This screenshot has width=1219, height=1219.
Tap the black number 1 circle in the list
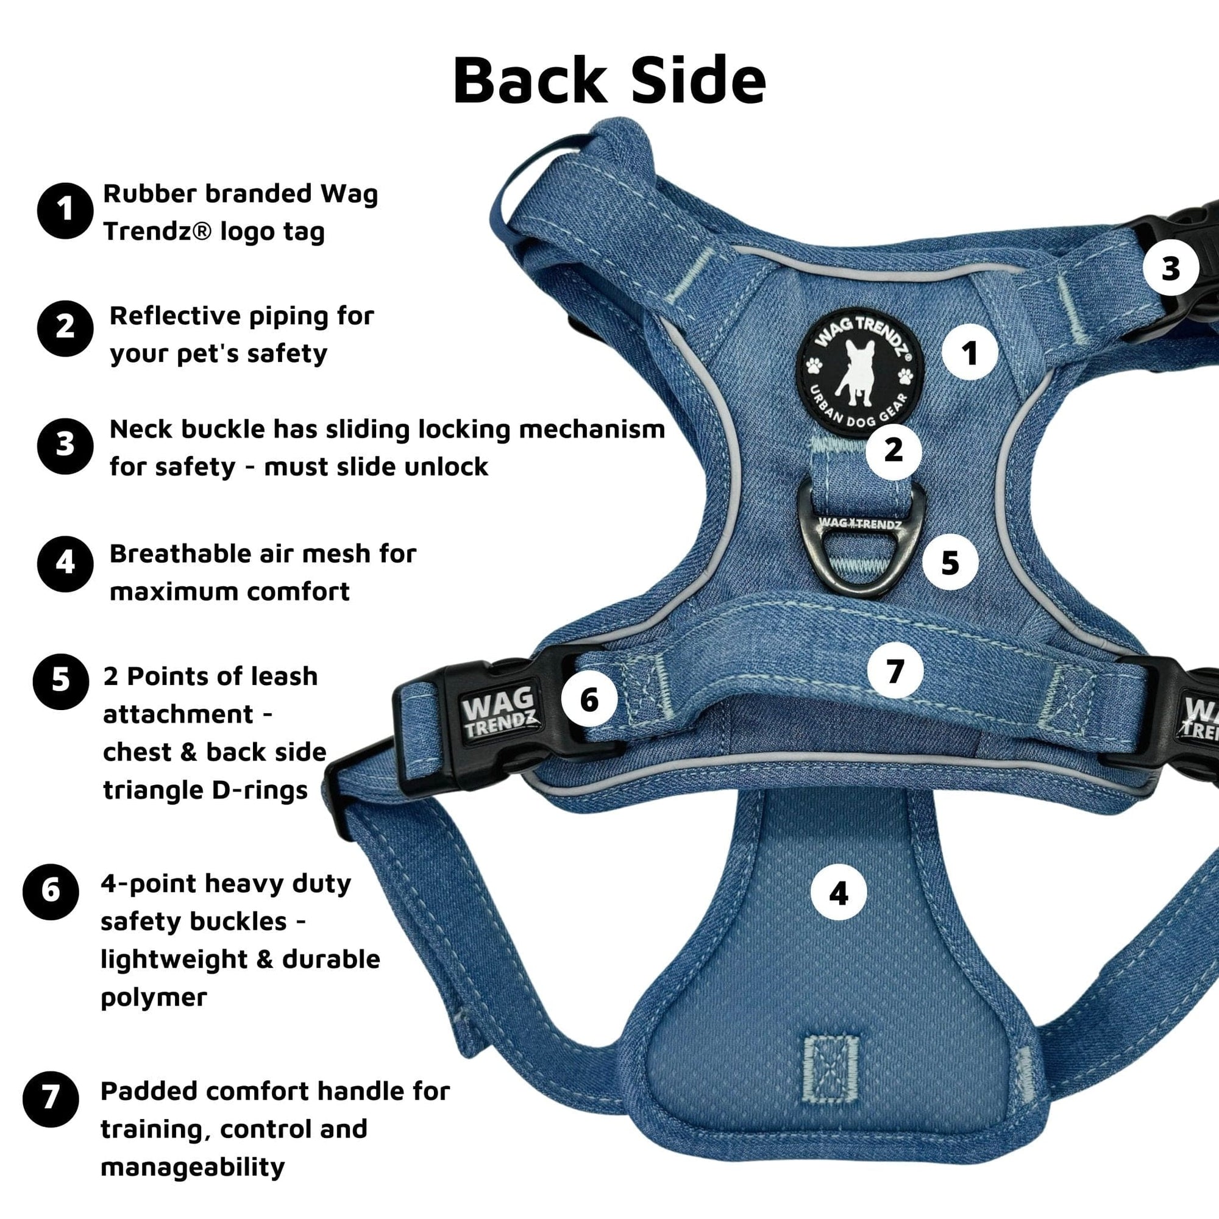(x=65, y=211)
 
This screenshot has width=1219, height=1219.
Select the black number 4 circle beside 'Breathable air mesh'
(x=65, y=563)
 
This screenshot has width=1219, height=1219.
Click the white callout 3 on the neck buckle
(x=1170, y=269)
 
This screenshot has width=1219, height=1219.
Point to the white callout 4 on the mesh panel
(x=839, y=893)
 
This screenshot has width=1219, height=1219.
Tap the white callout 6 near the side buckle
(x=589, y=699)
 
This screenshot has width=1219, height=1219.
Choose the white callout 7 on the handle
(x=895, y=670)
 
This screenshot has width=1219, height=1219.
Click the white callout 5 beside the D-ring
(x=950, y=562)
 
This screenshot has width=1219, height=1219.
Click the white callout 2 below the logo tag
(x=894, y=450)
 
